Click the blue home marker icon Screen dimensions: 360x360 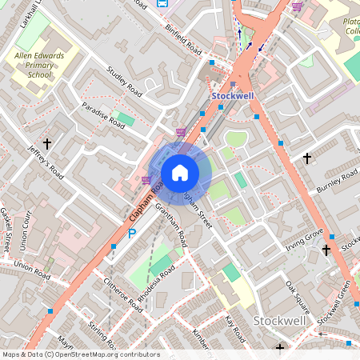[x=180, y=173]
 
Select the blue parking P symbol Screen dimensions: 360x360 [x=133, y=233]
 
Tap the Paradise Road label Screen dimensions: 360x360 [x=104, y=115]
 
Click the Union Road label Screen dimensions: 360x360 [x=32, y=270]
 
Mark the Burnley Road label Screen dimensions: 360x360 [x=338, y=183]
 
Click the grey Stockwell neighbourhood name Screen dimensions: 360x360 [x=279, y=320]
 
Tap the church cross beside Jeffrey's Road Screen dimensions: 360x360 [x=47, y=144]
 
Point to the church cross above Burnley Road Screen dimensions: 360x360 [x=307, y=158]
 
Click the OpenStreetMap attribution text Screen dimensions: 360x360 [x=80, y=354]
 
